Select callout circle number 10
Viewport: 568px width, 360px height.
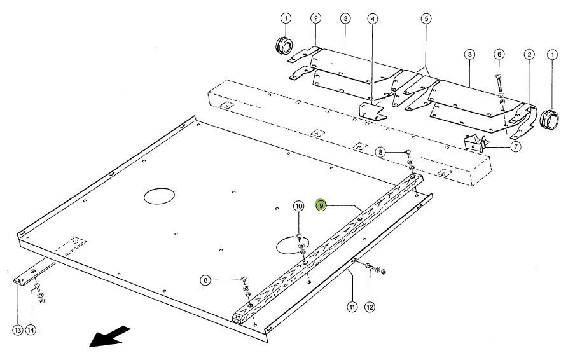298,206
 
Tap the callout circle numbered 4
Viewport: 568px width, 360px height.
372,18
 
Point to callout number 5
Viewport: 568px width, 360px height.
426,18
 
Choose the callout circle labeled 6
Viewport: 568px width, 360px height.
499,55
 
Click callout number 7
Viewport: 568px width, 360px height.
516,146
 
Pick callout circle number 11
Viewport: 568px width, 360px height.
351,307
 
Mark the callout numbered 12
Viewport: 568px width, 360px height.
370,307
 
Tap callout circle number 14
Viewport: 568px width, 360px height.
31,329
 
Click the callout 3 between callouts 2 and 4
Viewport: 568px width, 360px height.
345,18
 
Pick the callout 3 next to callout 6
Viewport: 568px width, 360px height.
469,55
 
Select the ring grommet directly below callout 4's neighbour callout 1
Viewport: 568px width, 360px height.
282,46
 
